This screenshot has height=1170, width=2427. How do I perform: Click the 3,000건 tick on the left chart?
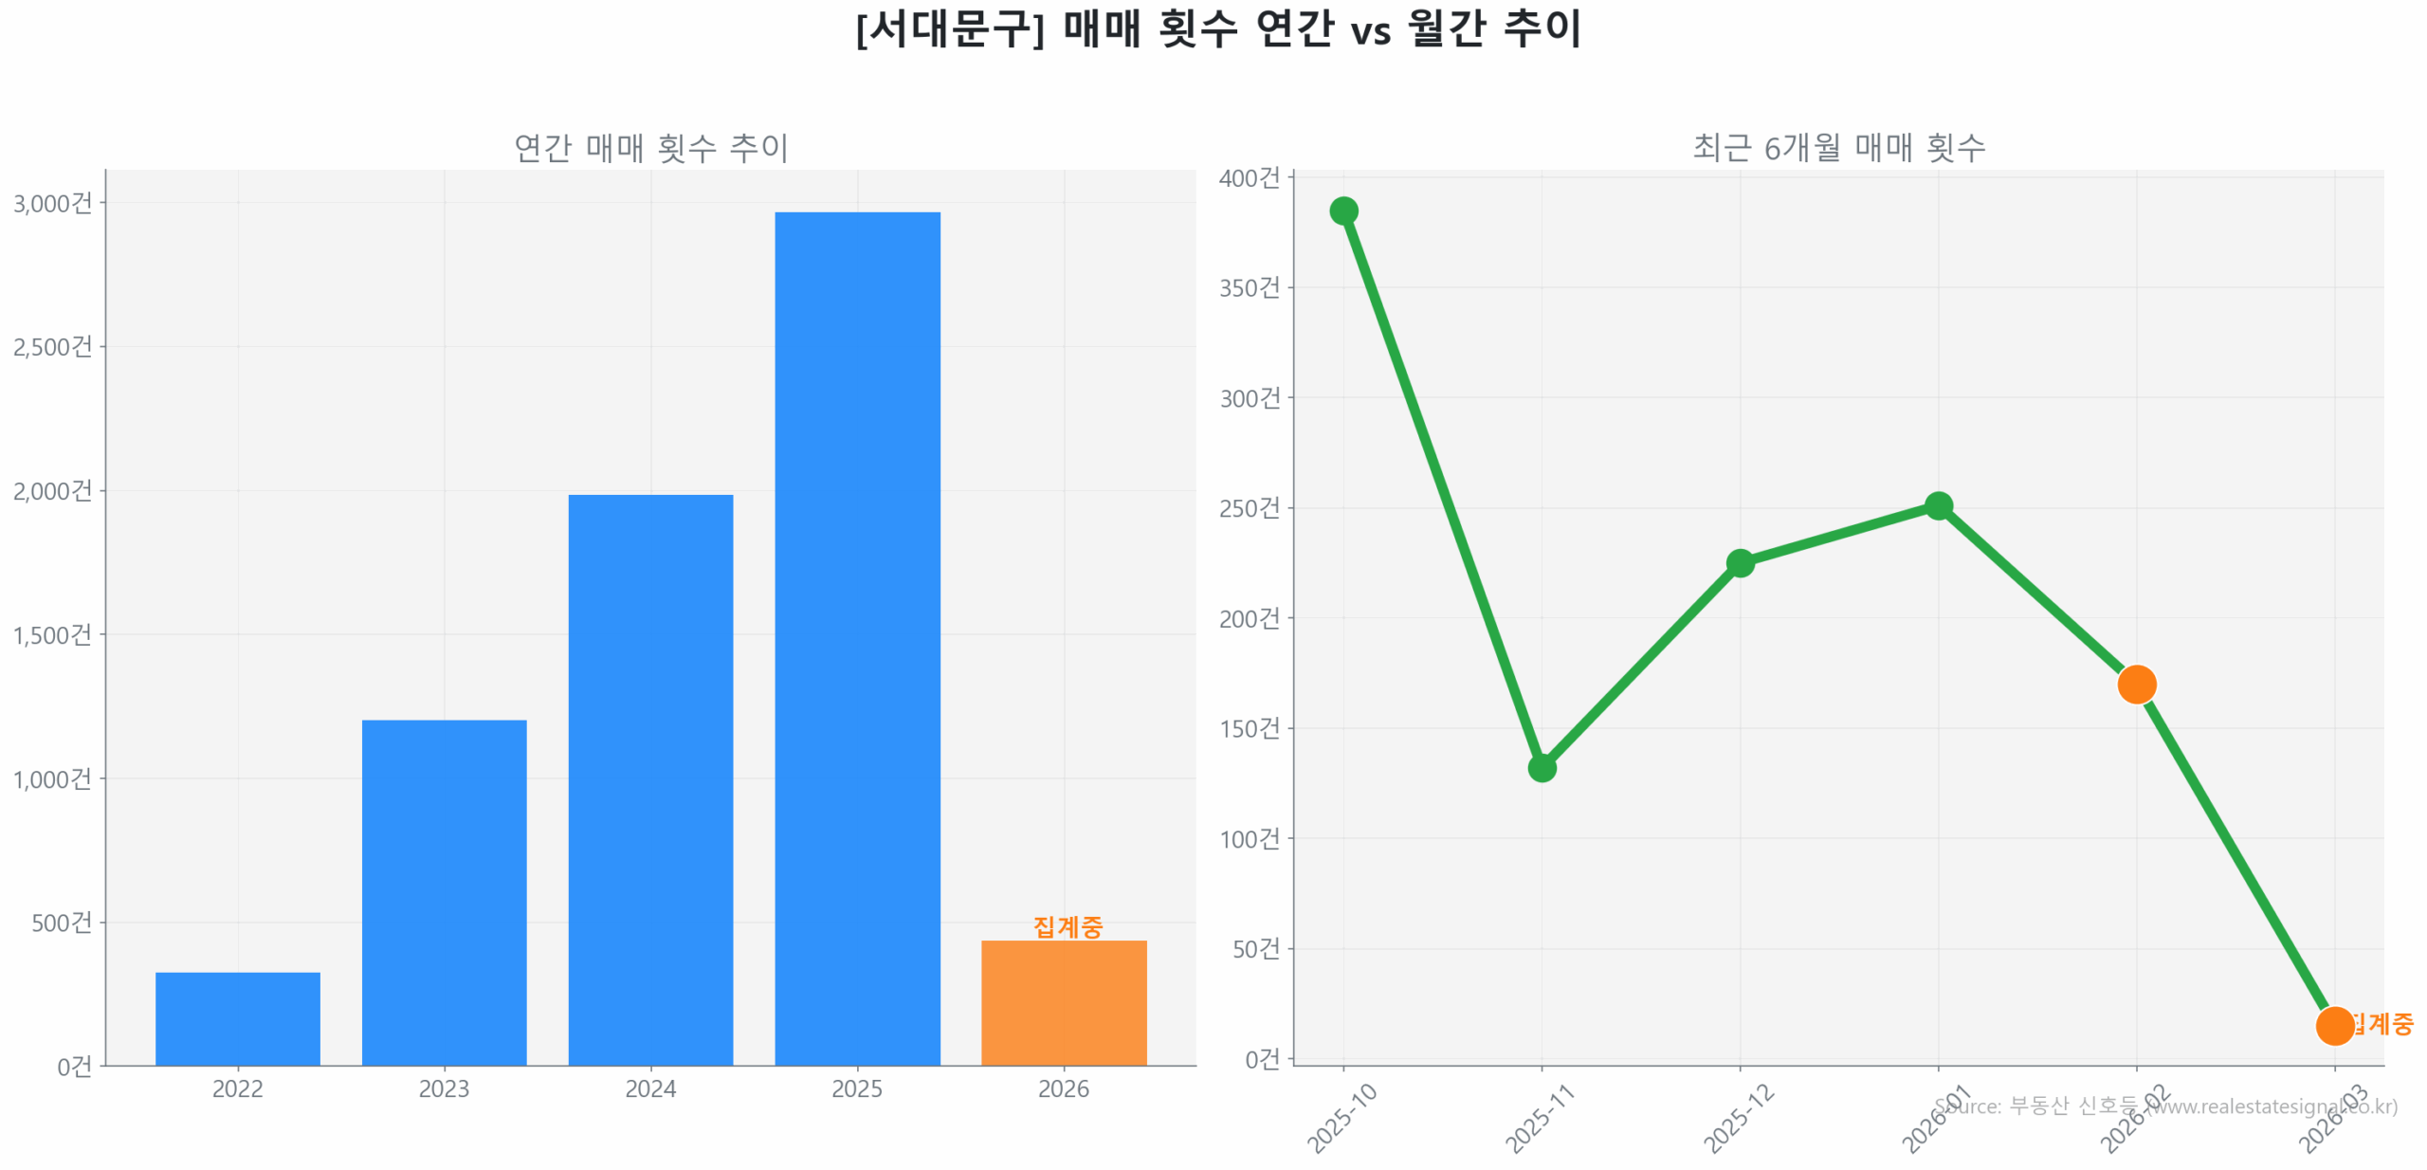tap(52, 203)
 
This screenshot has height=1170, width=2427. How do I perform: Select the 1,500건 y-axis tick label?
tap(52, 633)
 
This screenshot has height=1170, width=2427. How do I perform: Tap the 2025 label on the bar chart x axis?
tap(856, 1088)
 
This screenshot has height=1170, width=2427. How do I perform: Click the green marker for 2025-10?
tap(1342, 210)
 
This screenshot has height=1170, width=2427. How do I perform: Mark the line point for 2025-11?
tap(1541, 766)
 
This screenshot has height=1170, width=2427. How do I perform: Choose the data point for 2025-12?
tap(1739, 562)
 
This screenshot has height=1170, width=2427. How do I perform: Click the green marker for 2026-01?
tap(1938, 505)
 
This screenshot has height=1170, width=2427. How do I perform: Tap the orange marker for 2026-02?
tap(2135, 683)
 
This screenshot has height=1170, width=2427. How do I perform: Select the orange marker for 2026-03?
tap(2333, 1024)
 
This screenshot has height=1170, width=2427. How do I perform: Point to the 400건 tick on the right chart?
tap(1249, 177)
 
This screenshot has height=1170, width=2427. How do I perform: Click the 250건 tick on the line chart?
tap(1249, 507)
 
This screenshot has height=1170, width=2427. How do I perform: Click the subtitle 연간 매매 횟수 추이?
tap(650, 147)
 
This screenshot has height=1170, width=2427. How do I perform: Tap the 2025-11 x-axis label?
tap(1539, 1119)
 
